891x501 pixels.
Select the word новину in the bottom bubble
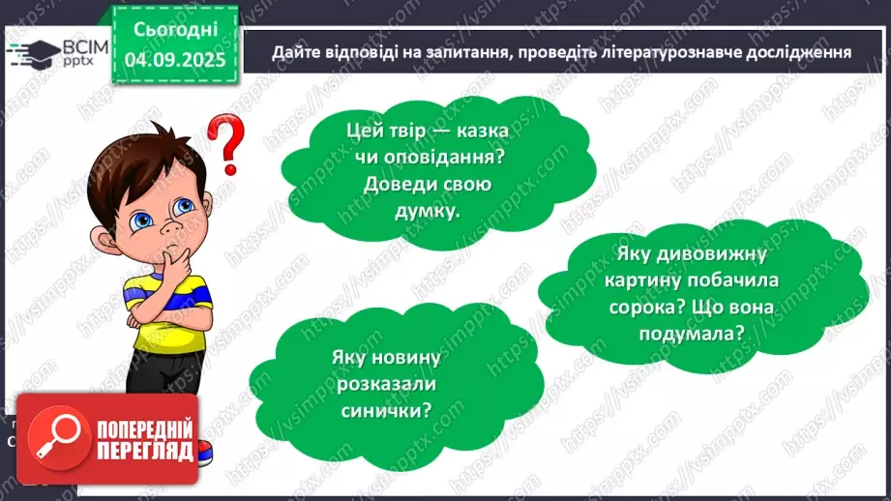(401, 358)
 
